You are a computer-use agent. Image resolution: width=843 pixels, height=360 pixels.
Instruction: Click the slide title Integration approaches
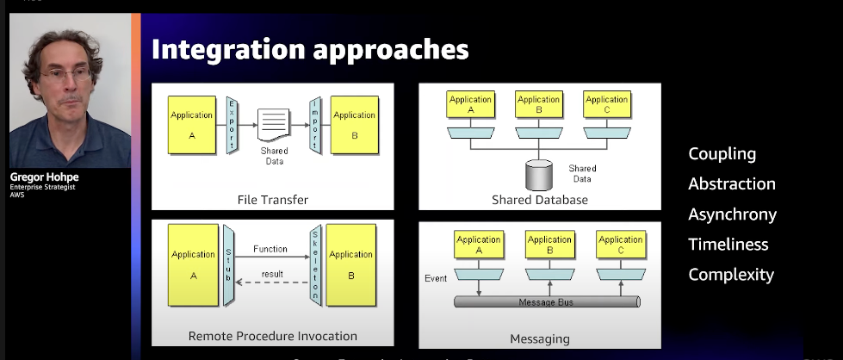pyautogui.click(x=310, y=49)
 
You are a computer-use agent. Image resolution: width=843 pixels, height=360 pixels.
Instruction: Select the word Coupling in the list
pyautogui.click(x=722, y=154)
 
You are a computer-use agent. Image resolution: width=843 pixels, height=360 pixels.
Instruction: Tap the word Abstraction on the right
pyautogui.click(x=731, y=184)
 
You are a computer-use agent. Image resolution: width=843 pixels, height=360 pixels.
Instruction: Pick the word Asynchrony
pyautogui.click(x=732, y=214)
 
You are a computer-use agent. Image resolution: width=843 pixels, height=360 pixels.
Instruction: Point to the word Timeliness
pyautogui.click(x=728, y=245)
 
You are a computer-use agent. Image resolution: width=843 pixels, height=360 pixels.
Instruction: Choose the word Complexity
pyautogui.click(x=730, y=275)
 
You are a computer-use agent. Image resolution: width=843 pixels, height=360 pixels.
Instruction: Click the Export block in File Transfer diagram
pyautogui.click(x=232, y=124)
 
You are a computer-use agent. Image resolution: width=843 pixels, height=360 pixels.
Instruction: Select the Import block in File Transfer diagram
pyautogui.click(x=315, y=124)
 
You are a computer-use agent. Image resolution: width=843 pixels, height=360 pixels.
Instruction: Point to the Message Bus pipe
pyautogui.click(x=546, y=302)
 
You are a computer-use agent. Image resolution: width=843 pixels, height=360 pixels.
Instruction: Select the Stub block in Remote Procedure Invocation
pyautogui.click(x=229, y=263)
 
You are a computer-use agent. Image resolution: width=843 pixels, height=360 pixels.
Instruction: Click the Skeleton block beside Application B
pyautogui.click(x=315, y=263)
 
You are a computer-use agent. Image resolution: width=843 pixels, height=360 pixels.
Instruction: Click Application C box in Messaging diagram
pyautogui.click(x=620, y=245)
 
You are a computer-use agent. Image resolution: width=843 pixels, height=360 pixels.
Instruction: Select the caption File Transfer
pyautogui.click(x=272, y=200)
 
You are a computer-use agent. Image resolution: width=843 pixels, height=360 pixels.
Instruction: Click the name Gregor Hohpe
pyautogui.click(x=46, y=178)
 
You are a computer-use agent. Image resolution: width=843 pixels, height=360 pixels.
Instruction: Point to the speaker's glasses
pyautogui.click(x=66, y=76)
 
